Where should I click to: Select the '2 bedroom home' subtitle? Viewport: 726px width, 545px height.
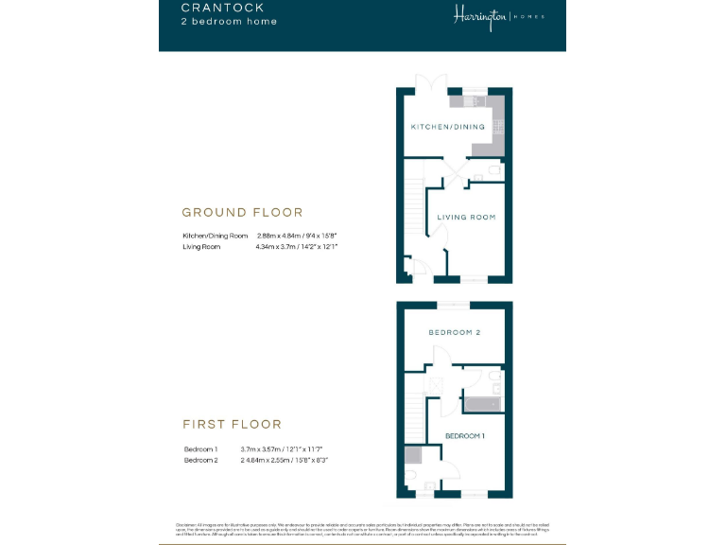(230, 22)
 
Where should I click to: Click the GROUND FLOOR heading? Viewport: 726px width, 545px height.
(242, 213)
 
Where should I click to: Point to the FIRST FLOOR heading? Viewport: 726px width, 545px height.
(232, 424)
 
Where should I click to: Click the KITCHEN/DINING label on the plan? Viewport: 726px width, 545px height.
(446, 127)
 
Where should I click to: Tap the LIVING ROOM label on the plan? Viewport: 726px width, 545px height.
(466, 218)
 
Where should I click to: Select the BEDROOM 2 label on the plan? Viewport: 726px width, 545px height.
(455, 333)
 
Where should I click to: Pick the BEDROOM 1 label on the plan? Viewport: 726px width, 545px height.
(464, 435)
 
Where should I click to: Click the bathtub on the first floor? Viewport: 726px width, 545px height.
(482, 405)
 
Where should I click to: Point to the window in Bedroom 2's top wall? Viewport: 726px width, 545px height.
(452, 305)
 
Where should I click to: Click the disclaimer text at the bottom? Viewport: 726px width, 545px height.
(362, 528)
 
